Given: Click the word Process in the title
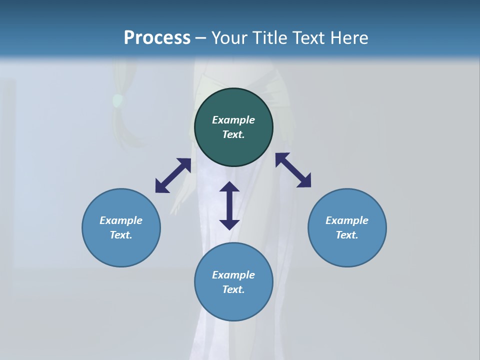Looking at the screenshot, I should [157, 38].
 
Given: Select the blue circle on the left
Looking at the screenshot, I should [121, 250].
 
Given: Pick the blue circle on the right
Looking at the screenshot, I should [347, 250].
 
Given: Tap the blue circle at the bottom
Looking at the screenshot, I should [233, 305].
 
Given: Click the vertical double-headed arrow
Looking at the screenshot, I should [229, 205].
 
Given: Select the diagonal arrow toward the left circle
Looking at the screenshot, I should [173, 175].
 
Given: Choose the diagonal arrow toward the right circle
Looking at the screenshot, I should [293, 170].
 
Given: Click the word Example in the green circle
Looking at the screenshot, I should [233, 120].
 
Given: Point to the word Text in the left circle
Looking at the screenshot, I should [121, 235].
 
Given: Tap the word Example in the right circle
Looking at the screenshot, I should [347, 220].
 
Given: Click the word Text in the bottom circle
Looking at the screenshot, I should [233, 289].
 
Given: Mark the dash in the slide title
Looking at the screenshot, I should [200, 38].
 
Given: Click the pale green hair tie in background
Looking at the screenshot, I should [117, 101].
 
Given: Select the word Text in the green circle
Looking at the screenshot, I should [233, 134].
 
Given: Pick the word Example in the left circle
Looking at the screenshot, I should [121, 220].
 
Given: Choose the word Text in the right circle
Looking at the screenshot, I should [347, 235].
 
